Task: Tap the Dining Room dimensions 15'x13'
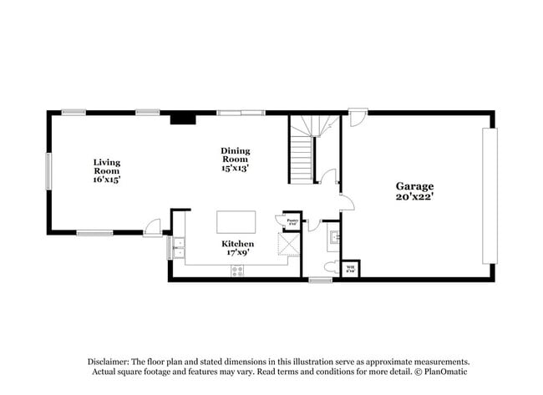236,168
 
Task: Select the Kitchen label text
237,244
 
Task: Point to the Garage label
414,186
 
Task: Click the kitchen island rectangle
236,221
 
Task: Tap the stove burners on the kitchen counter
237,270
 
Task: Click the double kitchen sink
178,248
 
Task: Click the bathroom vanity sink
334,236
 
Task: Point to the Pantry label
292,221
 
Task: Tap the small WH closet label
351,269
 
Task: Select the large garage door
490,196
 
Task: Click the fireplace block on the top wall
183,119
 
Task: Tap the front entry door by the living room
153,228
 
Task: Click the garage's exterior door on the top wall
357,117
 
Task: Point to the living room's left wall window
48,170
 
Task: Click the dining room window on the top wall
241,113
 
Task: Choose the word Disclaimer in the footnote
111,361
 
